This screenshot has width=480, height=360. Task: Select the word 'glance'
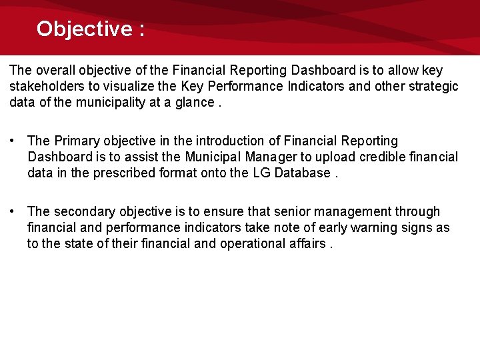(194, 103)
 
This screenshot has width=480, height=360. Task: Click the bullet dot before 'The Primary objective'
(13, 141)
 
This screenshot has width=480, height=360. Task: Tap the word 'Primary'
(75, 141)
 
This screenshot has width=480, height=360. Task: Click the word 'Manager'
(270, 157)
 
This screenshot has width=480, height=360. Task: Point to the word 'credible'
(383, 157)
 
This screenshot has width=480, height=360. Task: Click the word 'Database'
(303, 173)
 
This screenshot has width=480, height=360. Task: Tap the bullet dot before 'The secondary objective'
(13, 212)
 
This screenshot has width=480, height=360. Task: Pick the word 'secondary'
(83, 212)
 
